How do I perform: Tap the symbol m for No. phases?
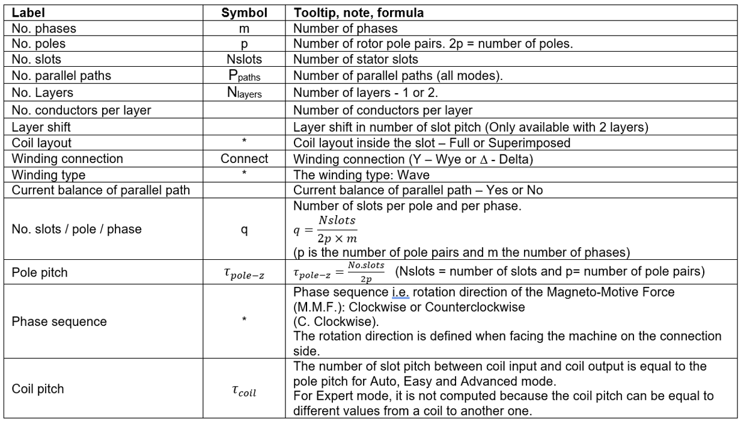tap(245, 28)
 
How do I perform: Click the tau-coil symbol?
tap(245, 393)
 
